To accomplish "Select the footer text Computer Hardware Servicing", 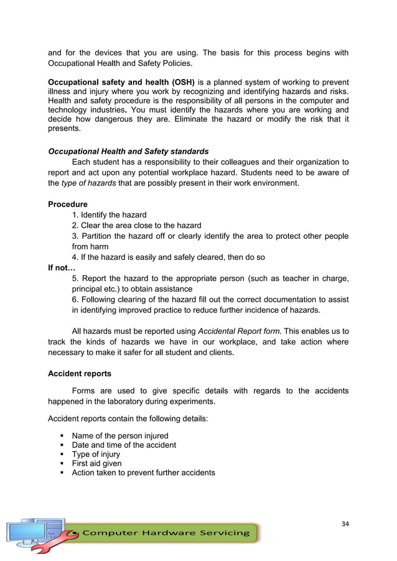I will point(166,532).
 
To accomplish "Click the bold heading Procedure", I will point(68,204).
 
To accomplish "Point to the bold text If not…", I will point(62,268).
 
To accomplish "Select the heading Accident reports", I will point(80,374).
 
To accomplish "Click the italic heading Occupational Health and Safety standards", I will point(128,151).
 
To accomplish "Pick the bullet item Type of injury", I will point(96,454).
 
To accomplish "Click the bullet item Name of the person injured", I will point(120,435).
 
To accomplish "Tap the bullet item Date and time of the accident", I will point(124,445).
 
